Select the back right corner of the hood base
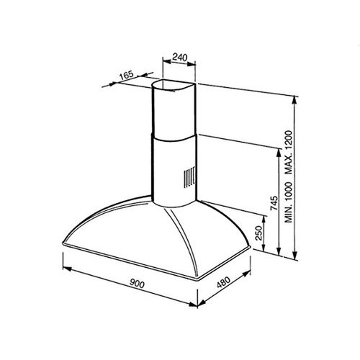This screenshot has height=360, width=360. click(x=249, y=249)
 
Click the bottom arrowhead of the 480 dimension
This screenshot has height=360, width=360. click(x=203, y=303)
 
